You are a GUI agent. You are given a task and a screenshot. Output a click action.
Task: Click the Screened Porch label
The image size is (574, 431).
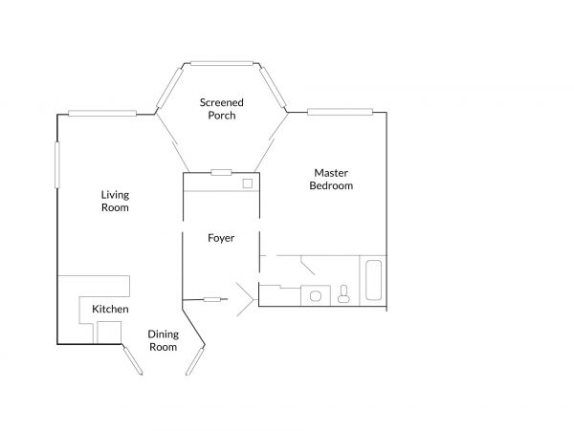click(x=222, y=109)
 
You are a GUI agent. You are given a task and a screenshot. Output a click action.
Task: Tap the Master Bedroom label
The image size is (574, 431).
click(x=331, y=179)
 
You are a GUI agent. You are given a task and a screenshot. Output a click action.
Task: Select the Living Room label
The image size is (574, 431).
click(x=115, y=201)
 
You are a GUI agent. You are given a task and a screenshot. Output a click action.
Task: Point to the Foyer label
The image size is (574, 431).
click(x=221, y=238)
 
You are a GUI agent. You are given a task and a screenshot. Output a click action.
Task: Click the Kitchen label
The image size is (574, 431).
click(x=110, y=309)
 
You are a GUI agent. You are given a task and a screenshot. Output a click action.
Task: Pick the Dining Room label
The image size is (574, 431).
click(x=164, y=340)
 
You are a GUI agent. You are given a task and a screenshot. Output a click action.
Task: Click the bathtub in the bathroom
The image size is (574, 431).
click(x=373, y=280)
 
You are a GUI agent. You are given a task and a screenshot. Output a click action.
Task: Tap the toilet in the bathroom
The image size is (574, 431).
click(x=343, y=294)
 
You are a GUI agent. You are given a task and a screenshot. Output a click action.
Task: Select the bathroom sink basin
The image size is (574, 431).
click(x=315, y=295)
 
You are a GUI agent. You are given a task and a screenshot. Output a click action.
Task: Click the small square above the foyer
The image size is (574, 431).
click(x=248, y=183)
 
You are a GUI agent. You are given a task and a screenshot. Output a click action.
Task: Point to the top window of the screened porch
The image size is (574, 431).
click(x=222, y=64)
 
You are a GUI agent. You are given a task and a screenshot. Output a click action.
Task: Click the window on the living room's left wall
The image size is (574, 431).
click(x=57, y=165)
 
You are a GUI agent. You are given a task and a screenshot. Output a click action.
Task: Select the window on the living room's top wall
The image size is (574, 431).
click(x=102, y=114)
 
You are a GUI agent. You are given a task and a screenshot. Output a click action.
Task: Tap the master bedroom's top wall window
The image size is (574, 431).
click(x=340, y=112)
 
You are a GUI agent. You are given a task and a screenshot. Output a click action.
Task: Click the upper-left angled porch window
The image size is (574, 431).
click(x=169, y=88)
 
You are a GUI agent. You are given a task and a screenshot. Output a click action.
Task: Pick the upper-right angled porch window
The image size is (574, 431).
click(x=273, y=87)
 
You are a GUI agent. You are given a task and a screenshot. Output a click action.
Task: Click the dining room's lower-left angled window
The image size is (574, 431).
click(x=133, y=361)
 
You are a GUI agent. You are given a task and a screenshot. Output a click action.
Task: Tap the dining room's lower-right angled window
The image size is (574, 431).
click(x=195, y=361)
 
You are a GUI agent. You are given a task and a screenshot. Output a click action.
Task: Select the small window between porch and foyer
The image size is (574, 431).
click(x=221, y=173)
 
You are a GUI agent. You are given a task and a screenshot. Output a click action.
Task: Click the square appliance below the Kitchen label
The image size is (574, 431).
click(x=109, y=333)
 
